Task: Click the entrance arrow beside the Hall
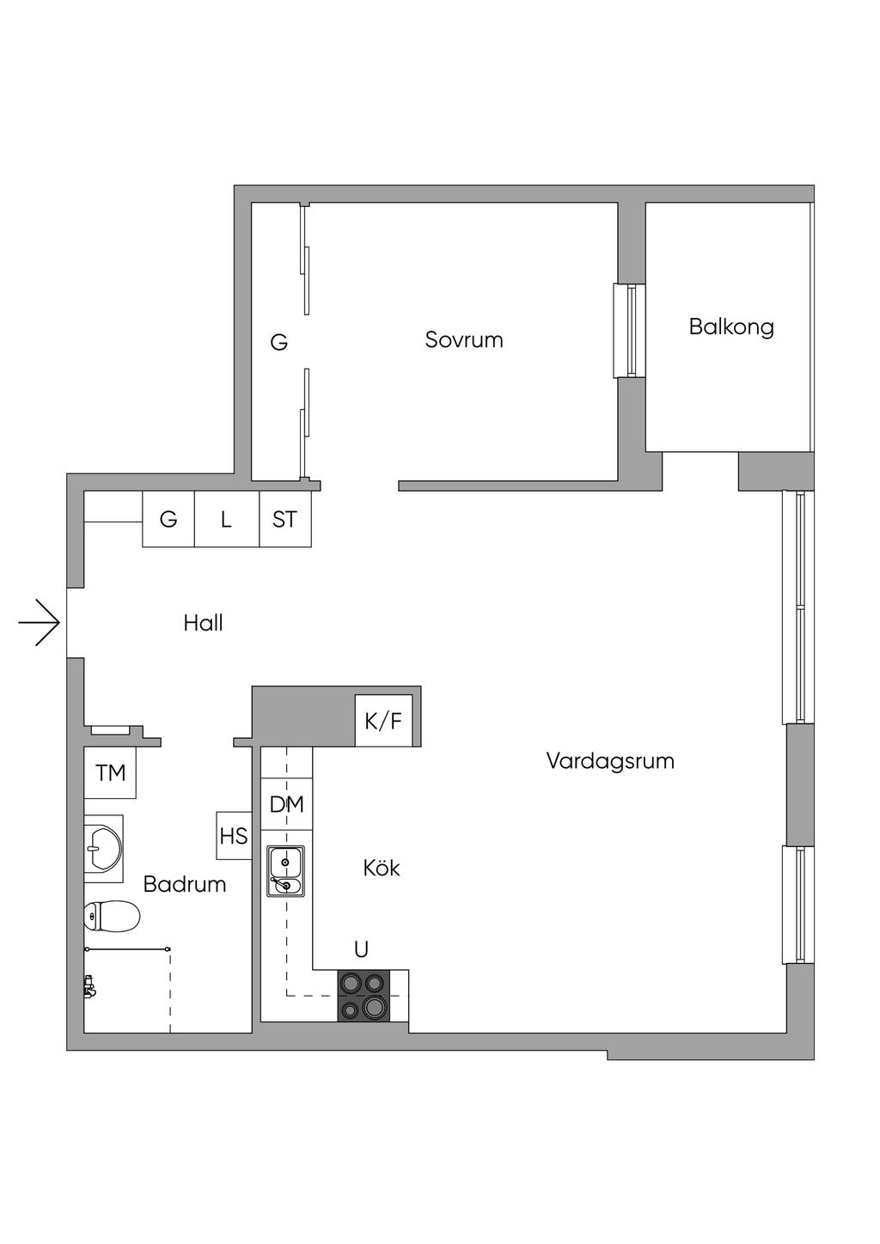pyautogui.click(x=40, y=621)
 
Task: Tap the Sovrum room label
pyautogui.click(x=463, y=339)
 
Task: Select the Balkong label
pyautogui.click(x=731, y=326)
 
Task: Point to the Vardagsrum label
pyautogui.click(x=610, y=760)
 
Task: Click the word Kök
pyautogui.click(x=381, y=868)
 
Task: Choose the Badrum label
pyautogui.click(x=185, y=884)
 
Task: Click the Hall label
pyautogui.click(x=203, y=623)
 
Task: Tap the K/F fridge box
pyautogui.click(x=383, y=721)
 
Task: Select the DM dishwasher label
pyautogui.click(x=286, y=804)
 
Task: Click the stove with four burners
pyautogui.click(x=364, y=996)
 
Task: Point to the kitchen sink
pyautogui.click(x=285, y=871)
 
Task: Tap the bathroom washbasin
pyautogui.click(x=103, y=849)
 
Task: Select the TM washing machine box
pyautogui.click(x=110, y=773)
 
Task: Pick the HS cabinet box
pyautogui.click(x=233, y=836)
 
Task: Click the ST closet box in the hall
pyautogui.click(x=284, y=519)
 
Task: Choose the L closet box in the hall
pyautogui.click(x=226, y=519)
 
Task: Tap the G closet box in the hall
pyautogui.click(x=168, y=519)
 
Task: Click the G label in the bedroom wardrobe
pyautogui.click(x=278, y=343)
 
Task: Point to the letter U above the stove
pyautogui.click(x=361, y=949)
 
